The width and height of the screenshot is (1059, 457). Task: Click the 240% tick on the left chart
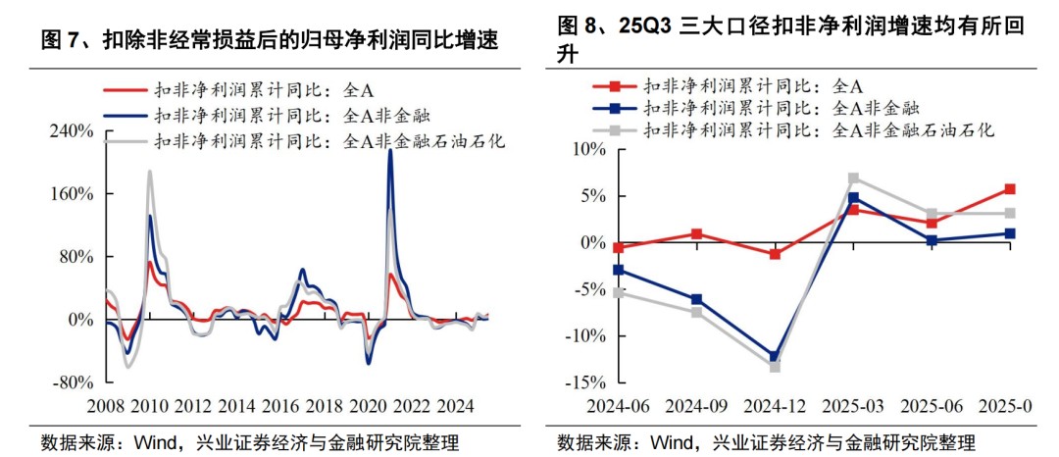coord(73,130)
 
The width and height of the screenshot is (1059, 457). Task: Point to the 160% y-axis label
coord(73,194)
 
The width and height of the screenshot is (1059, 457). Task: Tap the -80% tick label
coord(74,382)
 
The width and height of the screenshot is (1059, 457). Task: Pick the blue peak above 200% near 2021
coord(389,151)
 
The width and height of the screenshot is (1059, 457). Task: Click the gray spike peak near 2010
coord(149,172)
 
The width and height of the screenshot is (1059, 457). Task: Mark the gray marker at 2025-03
coord(853,178)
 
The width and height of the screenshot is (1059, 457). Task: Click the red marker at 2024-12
coord(775,254)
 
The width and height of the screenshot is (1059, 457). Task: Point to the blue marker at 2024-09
coord(696,300)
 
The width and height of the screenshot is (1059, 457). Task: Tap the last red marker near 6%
coord(1010,189)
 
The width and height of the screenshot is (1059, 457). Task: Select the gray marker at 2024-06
coord(618,292)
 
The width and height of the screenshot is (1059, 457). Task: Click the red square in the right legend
coord(617,87)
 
